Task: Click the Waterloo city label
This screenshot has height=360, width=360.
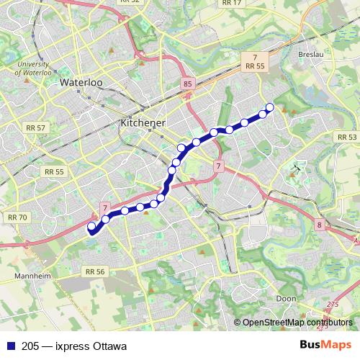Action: click(81, 83)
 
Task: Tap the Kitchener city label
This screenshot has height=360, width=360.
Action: click(143, 123)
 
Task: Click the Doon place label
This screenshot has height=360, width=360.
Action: click(286, 298)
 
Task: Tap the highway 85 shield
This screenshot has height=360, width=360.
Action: click(189, 84)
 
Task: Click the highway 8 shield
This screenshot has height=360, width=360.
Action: click(318, 225)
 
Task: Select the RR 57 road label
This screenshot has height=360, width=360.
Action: click(35, 127)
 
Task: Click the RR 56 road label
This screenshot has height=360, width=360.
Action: click(95, 271)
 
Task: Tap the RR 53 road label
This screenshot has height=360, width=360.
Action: click(346, 137)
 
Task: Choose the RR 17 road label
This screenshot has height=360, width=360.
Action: click(232, 3)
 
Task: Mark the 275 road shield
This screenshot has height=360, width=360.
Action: click(332, 305)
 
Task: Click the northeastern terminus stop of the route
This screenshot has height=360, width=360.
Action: click(270, 108)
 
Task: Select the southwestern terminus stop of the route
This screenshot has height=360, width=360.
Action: click(91, 227)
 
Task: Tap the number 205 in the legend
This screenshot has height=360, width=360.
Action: click(31, 346)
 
